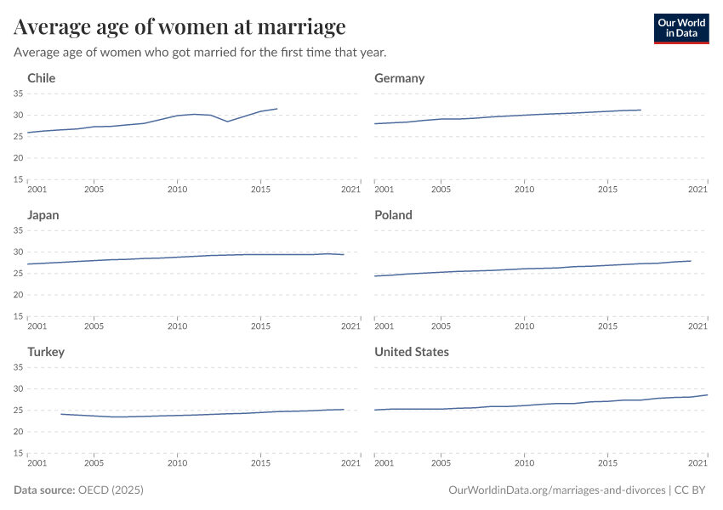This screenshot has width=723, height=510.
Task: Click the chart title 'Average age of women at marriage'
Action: click(x=179, y=27)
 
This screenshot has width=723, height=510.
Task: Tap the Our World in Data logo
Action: click(x=680, y=28)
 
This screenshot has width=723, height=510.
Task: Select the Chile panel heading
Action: click(x=42, y=78)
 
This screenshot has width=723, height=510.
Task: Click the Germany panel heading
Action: click(x=399, y=78)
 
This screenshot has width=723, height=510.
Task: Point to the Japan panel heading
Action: click(x=43, y=215)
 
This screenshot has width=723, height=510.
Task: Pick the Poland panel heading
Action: click(x=393, y=215)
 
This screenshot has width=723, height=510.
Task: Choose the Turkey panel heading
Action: click(x=46, y=352)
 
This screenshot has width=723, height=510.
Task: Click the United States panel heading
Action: click(x=412, y=352)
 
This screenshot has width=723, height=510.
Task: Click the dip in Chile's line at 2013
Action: click(x=227, y=122)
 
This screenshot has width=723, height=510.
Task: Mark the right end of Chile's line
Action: click(x=277, y=108)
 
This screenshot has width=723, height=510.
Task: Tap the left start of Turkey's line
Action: click(x=61, y=414)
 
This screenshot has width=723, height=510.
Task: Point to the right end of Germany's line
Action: click(x=640, y=110)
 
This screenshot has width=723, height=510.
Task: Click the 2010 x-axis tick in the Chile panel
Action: click(x=177, y=189)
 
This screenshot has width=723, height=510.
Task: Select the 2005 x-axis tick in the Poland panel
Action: click(x=441, y=326)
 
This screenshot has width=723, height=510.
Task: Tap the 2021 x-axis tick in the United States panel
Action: click(x=697, y=462)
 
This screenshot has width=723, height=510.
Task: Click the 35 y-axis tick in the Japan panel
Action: click(x=18, y=230)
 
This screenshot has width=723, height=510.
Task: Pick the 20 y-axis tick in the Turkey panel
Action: click(x=18, y=432)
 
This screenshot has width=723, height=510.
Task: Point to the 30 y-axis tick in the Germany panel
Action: click(x=365, y=115)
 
